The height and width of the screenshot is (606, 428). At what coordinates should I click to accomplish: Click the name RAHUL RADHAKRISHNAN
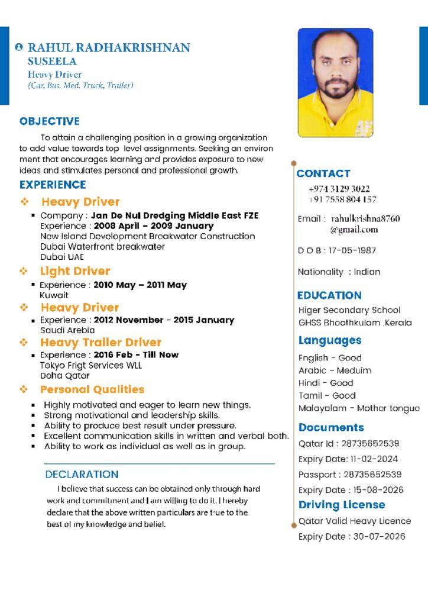[x=109, y=47]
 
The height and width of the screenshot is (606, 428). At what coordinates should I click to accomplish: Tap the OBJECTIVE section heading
[x=50, y=121]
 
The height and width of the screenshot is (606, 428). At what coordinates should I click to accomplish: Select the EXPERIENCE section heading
[x=53, y=185]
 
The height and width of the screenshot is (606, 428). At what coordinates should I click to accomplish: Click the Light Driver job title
[x=75, y=271]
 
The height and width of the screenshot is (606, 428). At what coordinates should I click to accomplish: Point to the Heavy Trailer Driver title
[x=100, y=343]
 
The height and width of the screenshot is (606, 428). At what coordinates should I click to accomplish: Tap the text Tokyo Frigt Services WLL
[x=91, y=365]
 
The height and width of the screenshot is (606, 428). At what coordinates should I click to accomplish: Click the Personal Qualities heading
[x=92, y=389]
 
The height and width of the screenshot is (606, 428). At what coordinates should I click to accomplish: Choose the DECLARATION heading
[x=82, y=474]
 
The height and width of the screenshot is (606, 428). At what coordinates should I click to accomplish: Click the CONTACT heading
[x=323, y=173]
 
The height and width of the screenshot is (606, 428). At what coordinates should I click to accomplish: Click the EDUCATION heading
[x=329, y=295]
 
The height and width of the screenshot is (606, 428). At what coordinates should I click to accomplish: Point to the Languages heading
[x=330, y=340]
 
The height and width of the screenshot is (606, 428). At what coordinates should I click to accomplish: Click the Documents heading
[x=331, y=427]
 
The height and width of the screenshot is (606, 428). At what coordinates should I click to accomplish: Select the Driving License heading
[x=342, y=505]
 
